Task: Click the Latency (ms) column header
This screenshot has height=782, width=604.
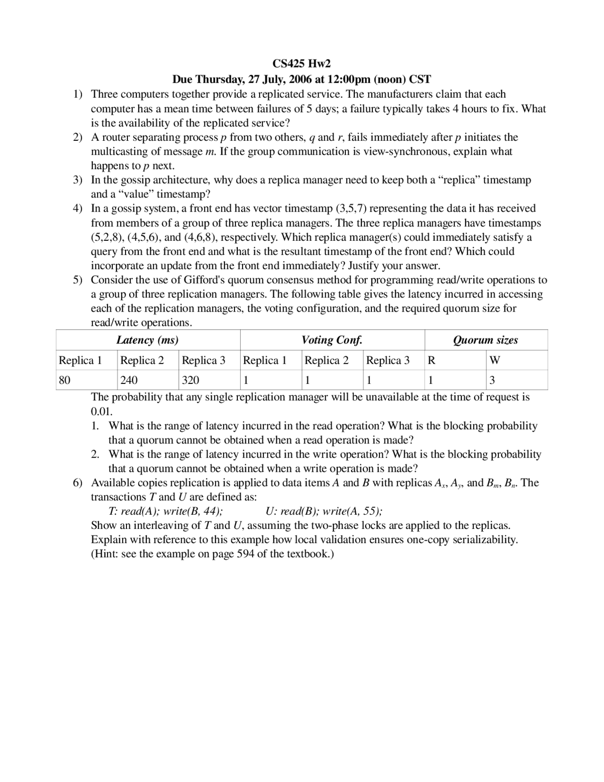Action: [x=147, y=340]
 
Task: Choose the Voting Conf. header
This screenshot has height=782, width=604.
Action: [x=332, y=340]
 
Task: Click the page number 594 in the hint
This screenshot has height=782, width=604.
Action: [x=245, y=554]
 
